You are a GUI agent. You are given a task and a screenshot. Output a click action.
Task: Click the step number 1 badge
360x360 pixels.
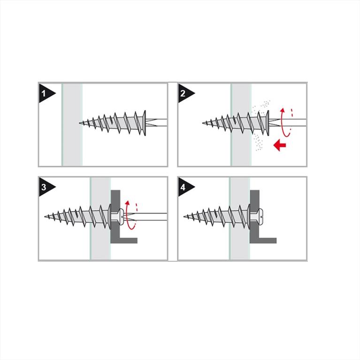tap(46, 93)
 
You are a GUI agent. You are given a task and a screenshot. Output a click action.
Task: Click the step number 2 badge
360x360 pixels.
tap(185, 93)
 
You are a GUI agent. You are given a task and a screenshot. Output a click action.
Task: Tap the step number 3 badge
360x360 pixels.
tap(46, 187)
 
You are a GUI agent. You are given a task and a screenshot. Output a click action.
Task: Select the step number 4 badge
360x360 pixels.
tap(185, 187)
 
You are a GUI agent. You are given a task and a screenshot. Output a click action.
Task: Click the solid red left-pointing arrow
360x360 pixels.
tap(280, 145)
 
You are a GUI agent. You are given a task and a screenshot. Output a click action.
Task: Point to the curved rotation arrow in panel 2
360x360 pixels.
tap(283, 122)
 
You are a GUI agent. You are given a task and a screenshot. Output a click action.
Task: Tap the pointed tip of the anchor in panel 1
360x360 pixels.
tap(80, 123)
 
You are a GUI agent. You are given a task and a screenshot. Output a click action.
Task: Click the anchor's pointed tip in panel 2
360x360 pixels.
tap(203, 123)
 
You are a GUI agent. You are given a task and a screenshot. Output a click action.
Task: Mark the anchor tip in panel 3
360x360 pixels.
tap(45, 216)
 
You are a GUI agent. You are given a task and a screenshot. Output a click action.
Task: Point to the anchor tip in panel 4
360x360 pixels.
tap(184, 216)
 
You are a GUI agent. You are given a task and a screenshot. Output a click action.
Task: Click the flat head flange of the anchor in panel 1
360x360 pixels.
tap(145, 123)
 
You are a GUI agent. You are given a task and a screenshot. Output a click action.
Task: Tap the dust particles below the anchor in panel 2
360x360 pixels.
tap(259, 142)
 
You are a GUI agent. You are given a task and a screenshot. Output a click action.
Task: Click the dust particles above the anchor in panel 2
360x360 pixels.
tap(261, 107)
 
